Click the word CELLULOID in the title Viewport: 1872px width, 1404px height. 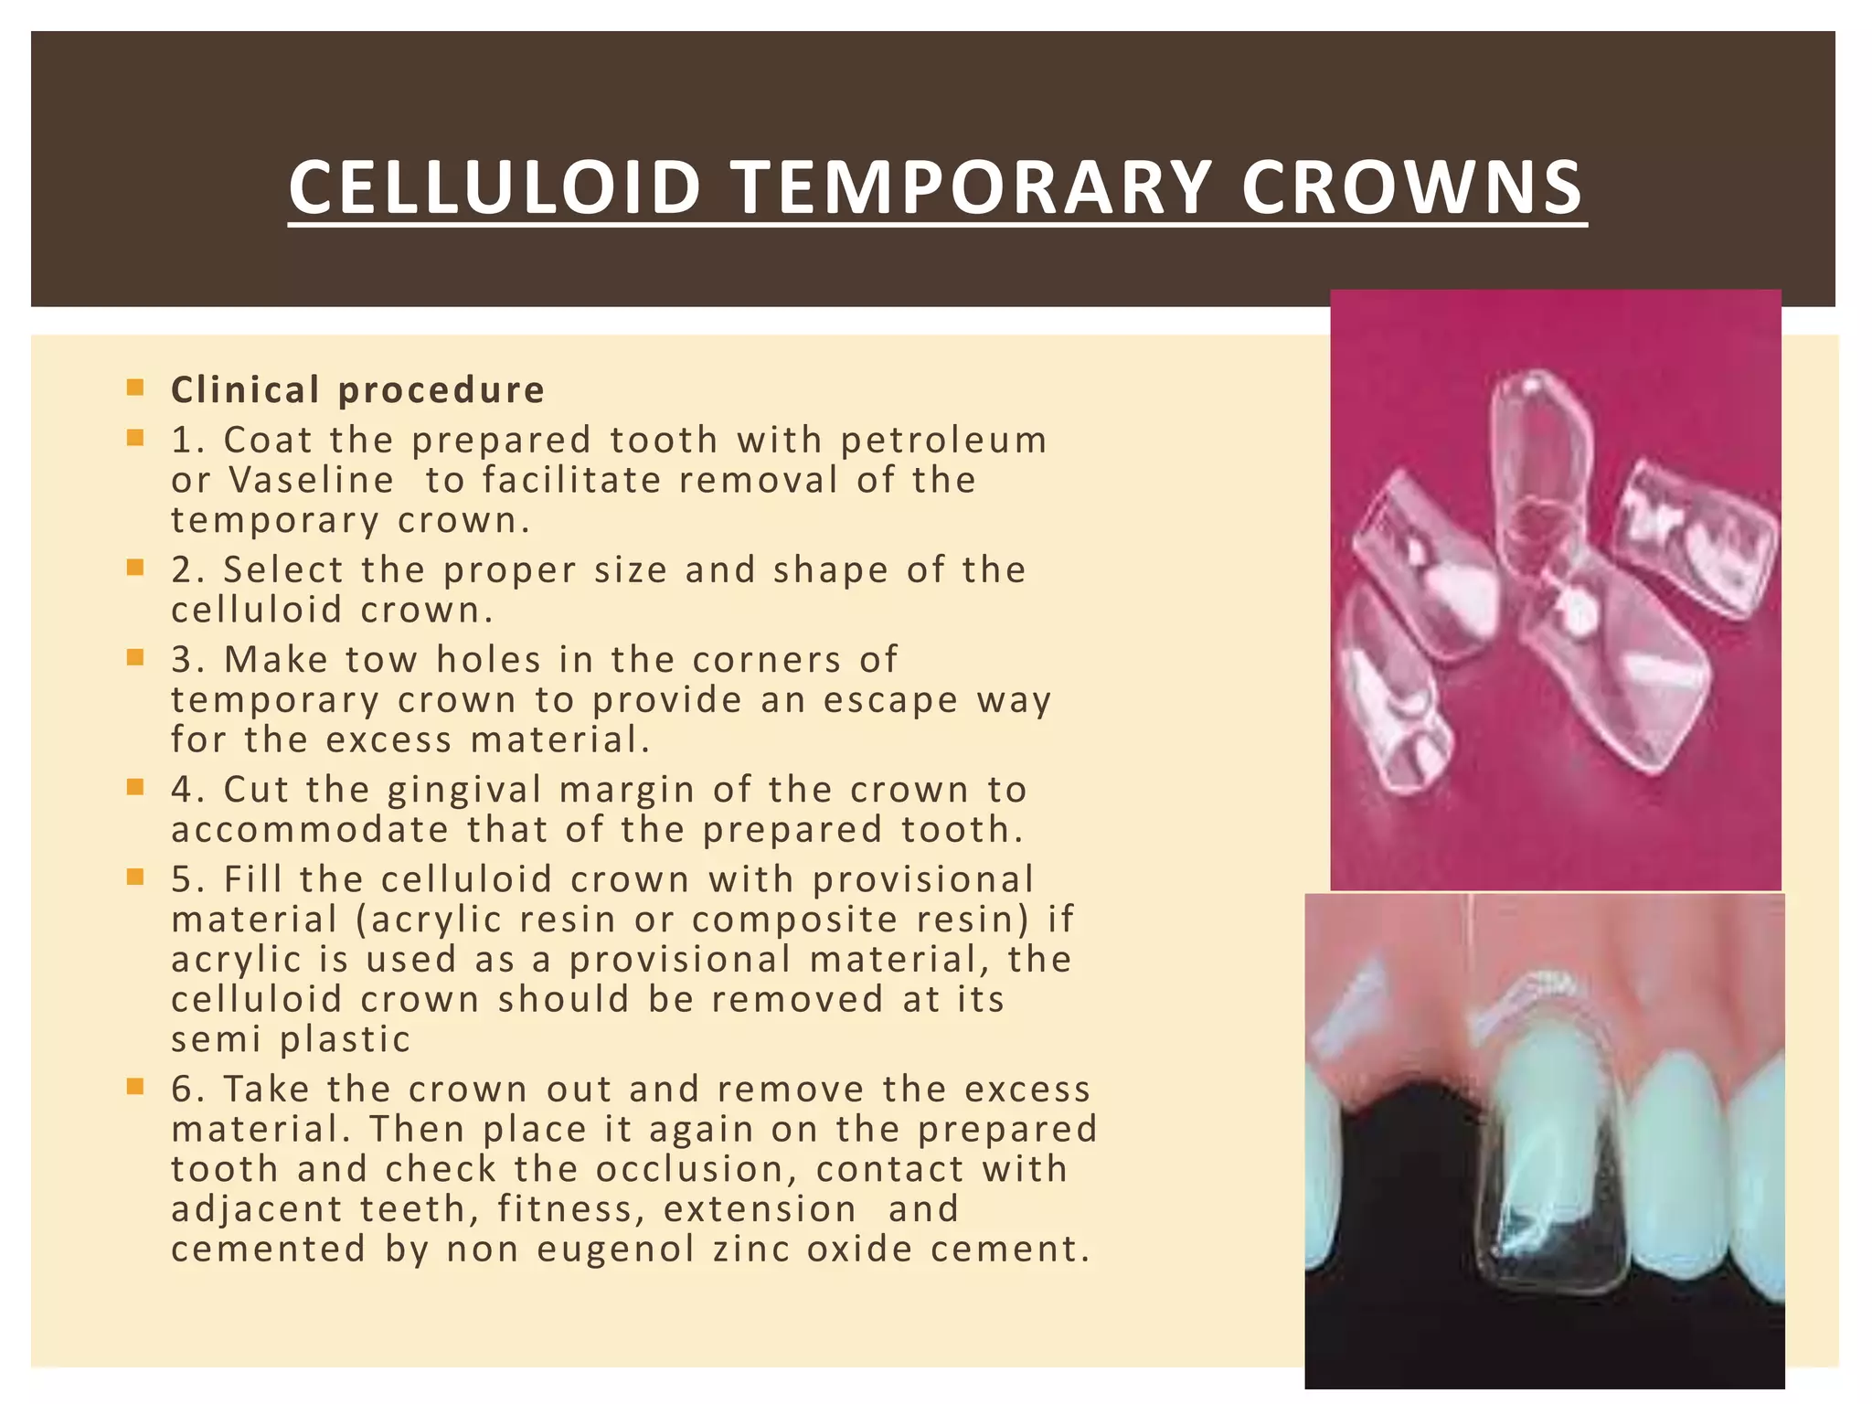click(495, 187)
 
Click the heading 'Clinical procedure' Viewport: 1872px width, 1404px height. click(357, 390)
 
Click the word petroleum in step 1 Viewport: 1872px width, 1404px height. click(943, 441)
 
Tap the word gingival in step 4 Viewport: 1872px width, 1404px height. click(463, 790)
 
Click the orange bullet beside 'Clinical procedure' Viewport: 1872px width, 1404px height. click(136, 388)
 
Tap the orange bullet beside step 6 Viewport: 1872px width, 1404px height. click(136, 1087)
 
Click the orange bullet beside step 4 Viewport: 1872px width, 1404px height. click(136, 787)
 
